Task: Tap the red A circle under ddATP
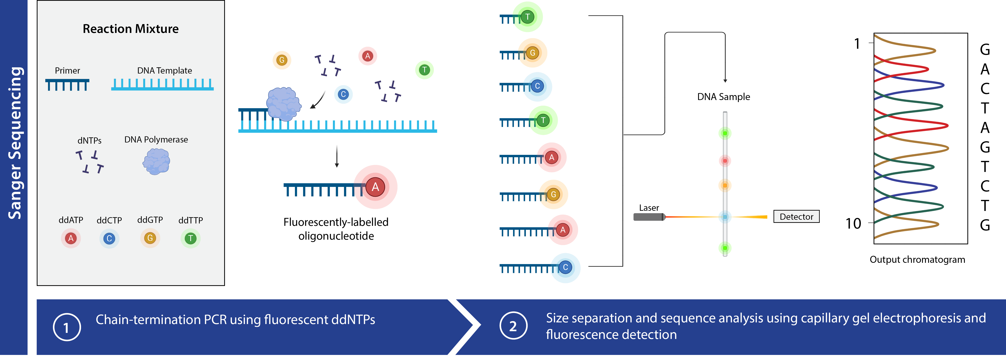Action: tap(71, 238)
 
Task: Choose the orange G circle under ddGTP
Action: tap(150, 238)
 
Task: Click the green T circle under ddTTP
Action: tap(191, 238)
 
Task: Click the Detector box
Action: tap(796, 216)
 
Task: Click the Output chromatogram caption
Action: tap(917, 260)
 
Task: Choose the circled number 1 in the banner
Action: tap(67, 327)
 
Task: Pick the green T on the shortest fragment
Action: tap(527, 17)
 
